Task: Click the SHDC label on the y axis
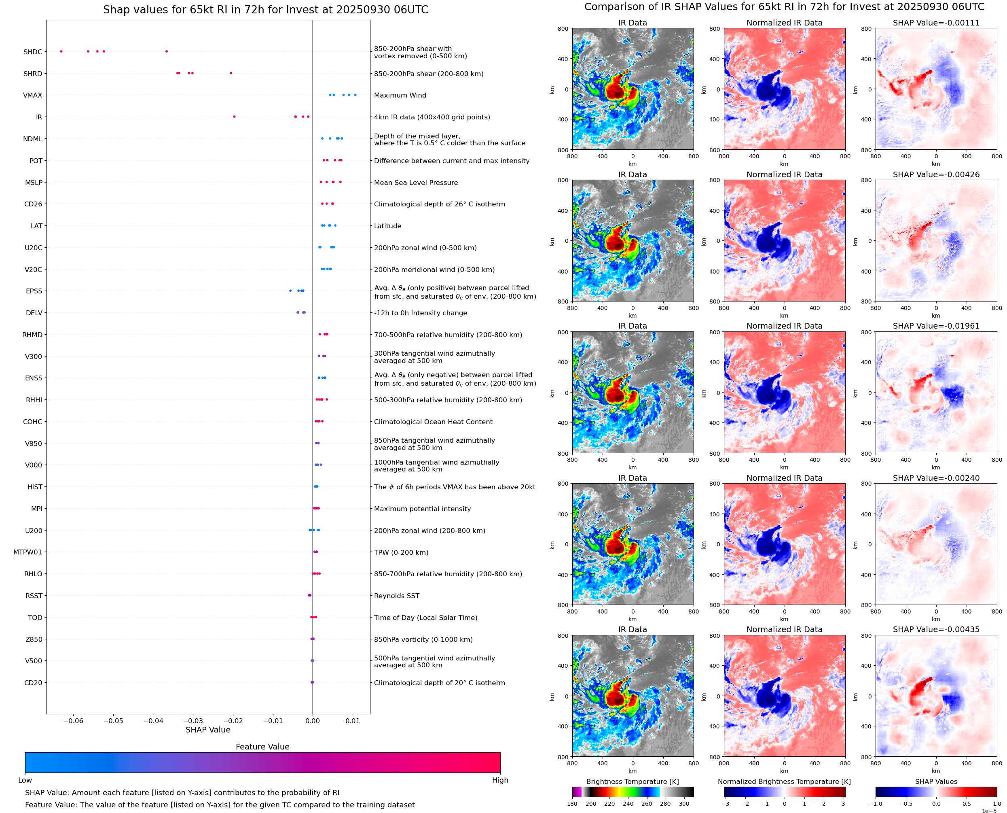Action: point(33,52)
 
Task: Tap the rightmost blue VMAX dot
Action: point(355,95)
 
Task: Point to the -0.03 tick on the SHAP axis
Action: point(193,721)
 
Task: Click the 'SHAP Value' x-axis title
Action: point(208,730)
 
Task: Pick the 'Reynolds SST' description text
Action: point(396,596)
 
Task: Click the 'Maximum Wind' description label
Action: point(400,95)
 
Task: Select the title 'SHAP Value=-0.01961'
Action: point(936,326)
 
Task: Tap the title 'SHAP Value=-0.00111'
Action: point(936,23)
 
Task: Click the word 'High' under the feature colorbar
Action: point(500,780)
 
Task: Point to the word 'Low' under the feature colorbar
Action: point(25,780)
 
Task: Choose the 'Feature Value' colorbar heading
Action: point(262,747)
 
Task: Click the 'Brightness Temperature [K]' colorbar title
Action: point(632,781)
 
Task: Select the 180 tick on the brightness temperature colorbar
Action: point(572,804)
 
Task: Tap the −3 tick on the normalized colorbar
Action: point(725,804)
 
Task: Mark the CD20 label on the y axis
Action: point(33,683)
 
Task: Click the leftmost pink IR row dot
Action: point(235,117)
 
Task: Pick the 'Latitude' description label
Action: point(387,226)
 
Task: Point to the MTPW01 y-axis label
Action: point(28,552)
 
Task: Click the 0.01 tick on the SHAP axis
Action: point(352,721)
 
